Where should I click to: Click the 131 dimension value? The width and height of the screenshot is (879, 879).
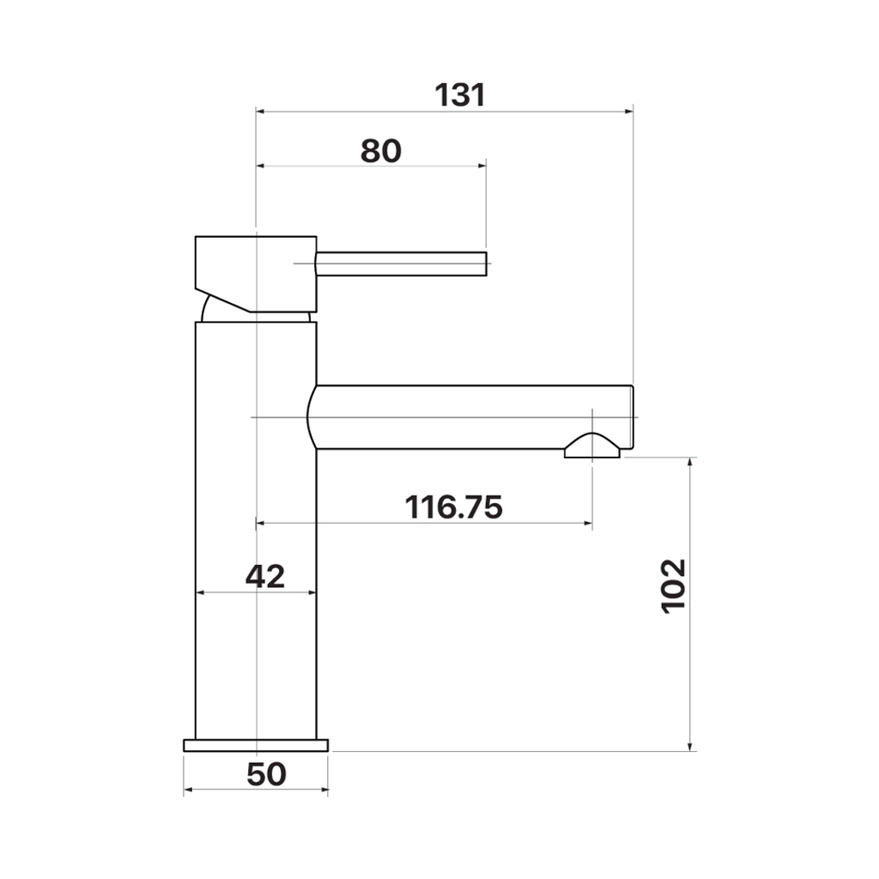coord(460,95)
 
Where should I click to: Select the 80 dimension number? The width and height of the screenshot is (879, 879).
coord(380,151)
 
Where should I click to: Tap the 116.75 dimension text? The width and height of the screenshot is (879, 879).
coord(453,507)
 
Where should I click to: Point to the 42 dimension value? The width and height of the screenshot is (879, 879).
coord(265,576)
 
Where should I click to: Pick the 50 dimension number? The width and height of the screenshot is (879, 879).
coord(266,775)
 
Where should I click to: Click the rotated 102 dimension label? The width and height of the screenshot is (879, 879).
coord(674,586)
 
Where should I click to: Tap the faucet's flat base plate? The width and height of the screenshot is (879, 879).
coord(256,745)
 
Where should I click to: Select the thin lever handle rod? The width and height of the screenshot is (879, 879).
coord(402,264)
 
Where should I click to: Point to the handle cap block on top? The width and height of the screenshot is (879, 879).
coord(256,274)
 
